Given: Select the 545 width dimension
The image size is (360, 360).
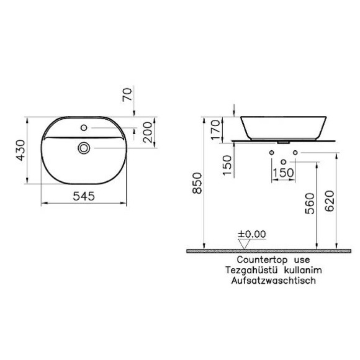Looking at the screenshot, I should tap(84, 196).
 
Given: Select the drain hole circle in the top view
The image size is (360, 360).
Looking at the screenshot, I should tap(84, 148).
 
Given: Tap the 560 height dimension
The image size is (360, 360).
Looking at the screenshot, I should tap(310, 203).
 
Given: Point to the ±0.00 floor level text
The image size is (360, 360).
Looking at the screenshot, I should tap(252, 234).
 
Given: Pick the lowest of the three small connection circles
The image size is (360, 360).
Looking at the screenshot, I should tap(284, 162).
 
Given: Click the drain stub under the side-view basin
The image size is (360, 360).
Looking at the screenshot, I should tap(284, 142).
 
